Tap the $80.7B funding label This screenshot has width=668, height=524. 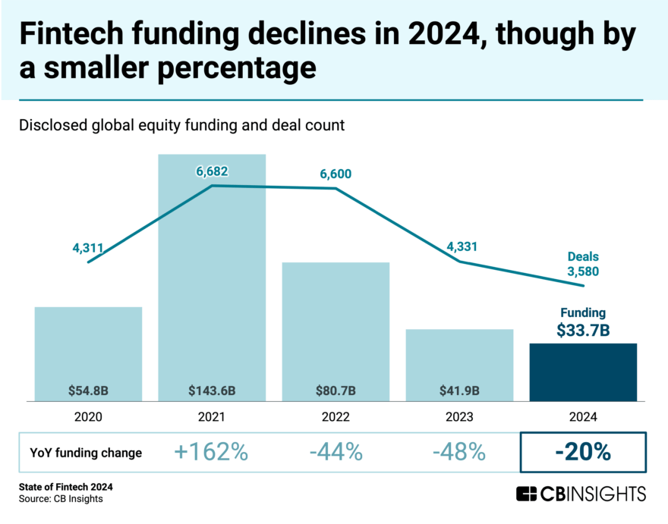(x=336, y=391)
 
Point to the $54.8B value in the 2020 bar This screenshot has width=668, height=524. (x=88, y=391)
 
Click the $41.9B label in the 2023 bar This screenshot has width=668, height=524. (x=459, y=391)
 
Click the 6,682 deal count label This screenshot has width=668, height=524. (x=212, y=171)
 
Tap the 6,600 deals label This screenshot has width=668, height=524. (x=336, y=175)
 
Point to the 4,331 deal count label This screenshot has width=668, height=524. (x=460, y=246)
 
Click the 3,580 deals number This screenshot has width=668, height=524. (x=583, y=271)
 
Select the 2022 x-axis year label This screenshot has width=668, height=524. (x=336, y=417)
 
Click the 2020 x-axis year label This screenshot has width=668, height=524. (x=88, y=417)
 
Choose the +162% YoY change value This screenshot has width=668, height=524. (x=212, y=453)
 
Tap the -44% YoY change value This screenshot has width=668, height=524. (x=336, y=453)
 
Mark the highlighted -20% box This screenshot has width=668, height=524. (x=583, y=453)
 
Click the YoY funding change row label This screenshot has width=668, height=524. (x=87, y=453)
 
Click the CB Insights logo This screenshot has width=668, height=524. (x=581, y=494)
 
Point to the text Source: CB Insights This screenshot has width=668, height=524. (x=62, y=499)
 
